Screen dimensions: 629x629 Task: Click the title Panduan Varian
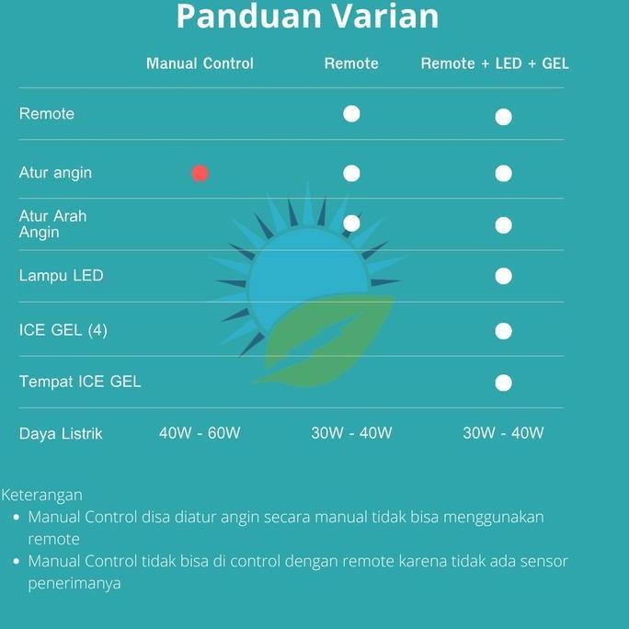click(x=307, y=17)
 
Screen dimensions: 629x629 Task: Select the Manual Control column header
click(x=200, y=63)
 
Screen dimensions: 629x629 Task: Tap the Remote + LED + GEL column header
click(x=495, y=63)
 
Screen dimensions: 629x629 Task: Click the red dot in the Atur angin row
click(x=200, y=173)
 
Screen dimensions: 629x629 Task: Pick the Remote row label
click(x=47, y=114)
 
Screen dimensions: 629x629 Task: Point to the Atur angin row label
click(x=55, y=173)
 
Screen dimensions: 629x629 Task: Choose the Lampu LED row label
click(x=61, y=276)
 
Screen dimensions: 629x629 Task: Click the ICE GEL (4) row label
click(x=63, y=329)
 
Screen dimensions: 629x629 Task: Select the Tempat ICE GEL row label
click(x=80, y=382)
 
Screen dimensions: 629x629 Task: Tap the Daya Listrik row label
click(x=61, y=433)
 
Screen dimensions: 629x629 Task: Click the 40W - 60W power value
click(x=200, y=433)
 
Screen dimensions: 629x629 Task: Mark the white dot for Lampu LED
click(x=503, y=276)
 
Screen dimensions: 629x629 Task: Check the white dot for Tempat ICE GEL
click(x=503, y=383)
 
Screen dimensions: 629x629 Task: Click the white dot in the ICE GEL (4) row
click(x=503, y=330)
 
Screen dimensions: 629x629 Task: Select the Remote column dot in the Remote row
click(x=351, y=114)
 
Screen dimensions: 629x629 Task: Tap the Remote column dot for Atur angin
click(x=351, y=173)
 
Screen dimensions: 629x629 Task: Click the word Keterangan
click(x=42, y=495)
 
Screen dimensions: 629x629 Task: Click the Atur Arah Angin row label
click(x=52, y=224)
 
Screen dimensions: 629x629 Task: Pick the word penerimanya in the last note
click(x=74, y=583)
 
